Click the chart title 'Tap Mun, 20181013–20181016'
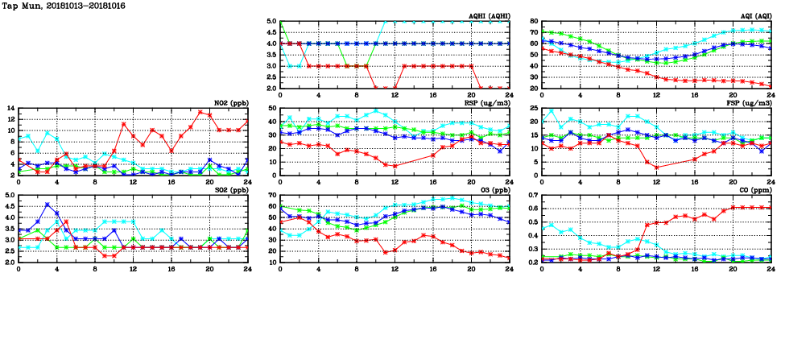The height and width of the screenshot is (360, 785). pyautogui.click(x=56, y=5)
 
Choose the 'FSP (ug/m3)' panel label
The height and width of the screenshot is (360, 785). pyautogui.click(x=751, y=102)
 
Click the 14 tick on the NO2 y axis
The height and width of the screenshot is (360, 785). pyautogui.click(x=9, y=108)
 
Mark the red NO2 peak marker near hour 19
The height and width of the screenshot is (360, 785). pyautogui.click(x=200, y=112)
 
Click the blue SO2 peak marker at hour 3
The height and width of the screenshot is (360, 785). pyautogui.click(x=48, y=205)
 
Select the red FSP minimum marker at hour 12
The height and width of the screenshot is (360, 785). pyautogui.click(x=656, y=168)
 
